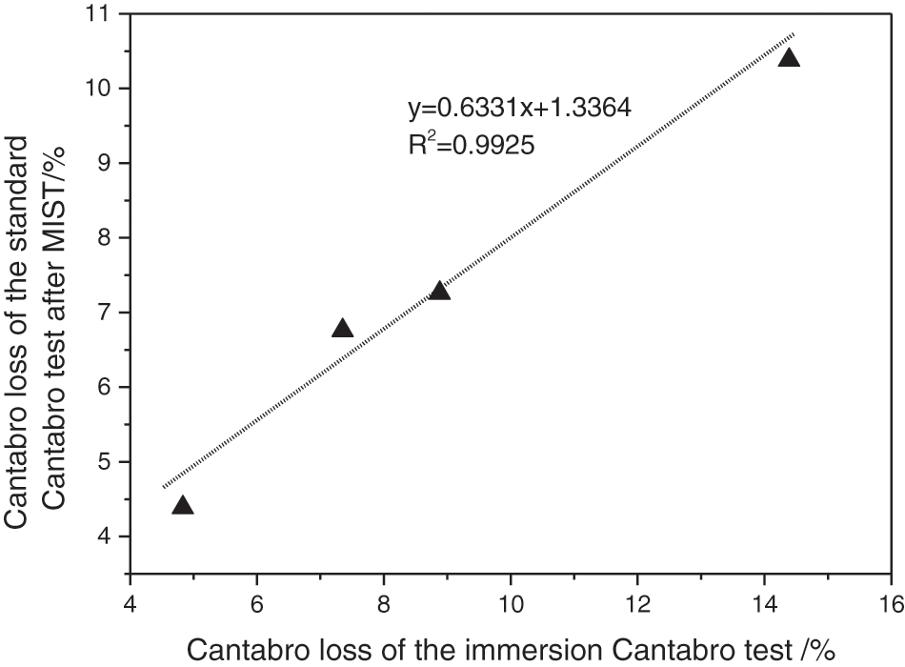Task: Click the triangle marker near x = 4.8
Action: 183,506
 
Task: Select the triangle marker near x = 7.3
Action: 342,329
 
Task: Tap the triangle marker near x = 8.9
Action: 439,291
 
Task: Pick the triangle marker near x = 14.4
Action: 789,58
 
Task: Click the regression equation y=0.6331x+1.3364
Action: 519,110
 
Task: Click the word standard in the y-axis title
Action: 21,211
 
